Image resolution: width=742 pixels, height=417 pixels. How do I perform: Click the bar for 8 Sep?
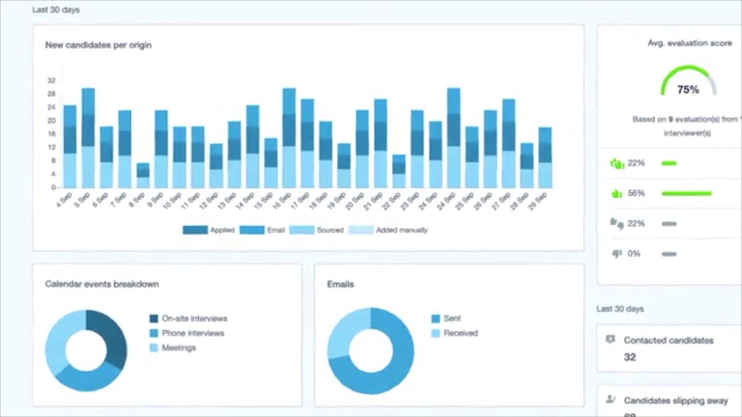click(x=143, y=175)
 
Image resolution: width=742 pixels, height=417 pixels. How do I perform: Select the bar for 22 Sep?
click(x=399, y=171)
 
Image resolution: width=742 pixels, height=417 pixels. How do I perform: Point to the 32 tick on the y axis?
click(x=52, y=81)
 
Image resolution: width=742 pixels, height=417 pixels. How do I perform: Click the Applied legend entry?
click(x=209, y=230)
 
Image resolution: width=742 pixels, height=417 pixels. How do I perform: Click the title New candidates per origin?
click(x=99, y=45)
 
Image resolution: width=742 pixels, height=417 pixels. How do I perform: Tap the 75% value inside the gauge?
click(x=688, y=90)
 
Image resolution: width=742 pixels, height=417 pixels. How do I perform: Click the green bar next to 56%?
click(x=686, y=193)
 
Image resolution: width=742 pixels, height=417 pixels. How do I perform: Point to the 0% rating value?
click(x=634, y=254)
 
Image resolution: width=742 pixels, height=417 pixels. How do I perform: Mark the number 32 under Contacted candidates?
click(x=630, y=357)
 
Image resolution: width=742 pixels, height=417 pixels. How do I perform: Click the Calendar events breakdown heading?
click(x=102, y=284)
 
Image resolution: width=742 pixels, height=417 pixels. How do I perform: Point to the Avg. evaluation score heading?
click(x=690, y=43)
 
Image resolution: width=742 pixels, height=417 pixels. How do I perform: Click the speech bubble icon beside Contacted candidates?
click(x=610, y=339)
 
